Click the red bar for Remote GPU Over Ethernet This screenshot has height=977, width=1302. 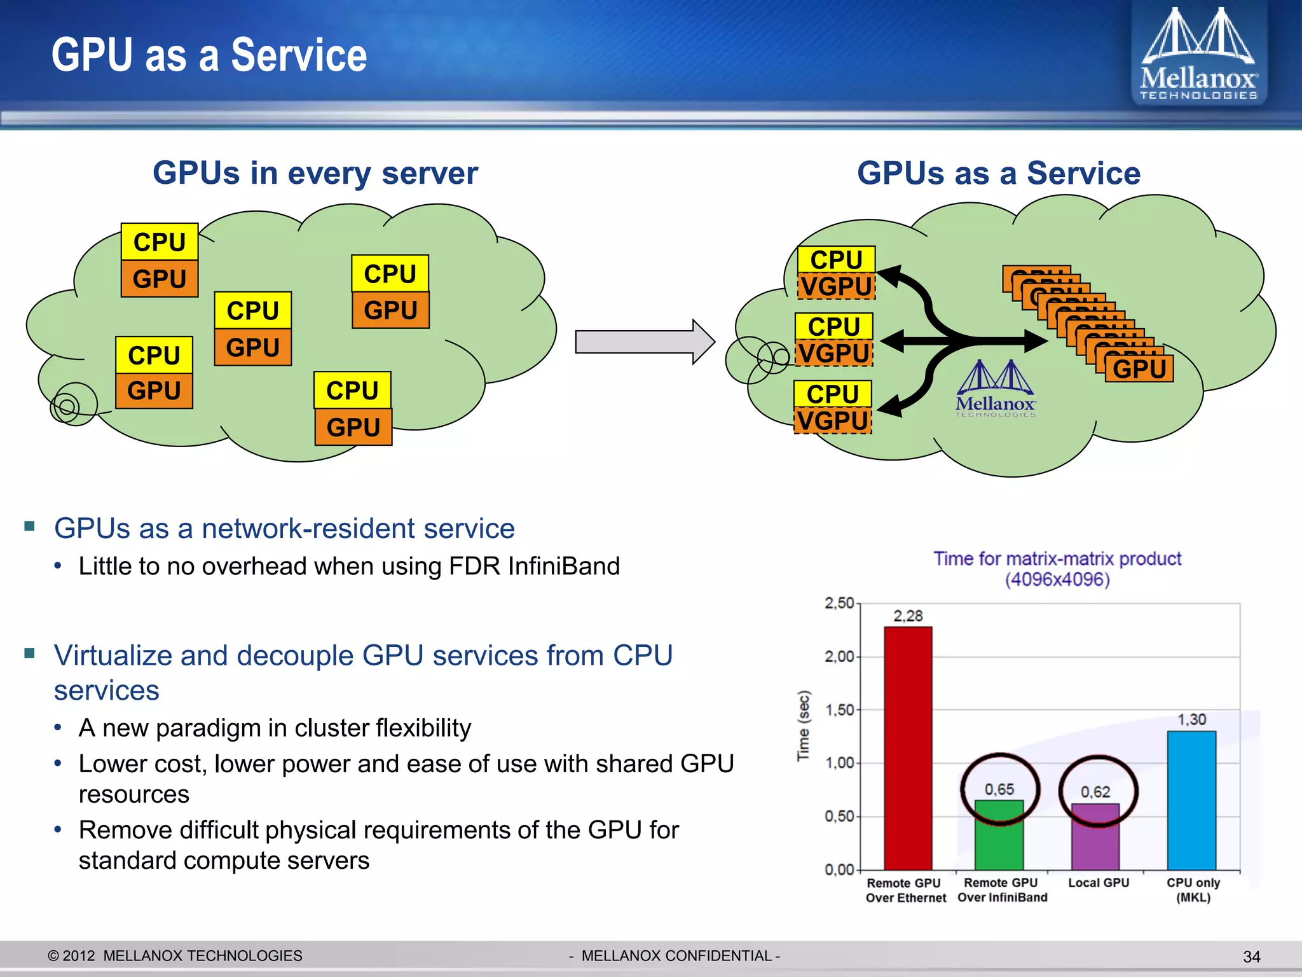pyautogui.click(x=908, y=747)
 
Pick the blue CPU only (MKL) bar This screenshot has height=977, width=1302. pyautogui.click(x=1191, y=800)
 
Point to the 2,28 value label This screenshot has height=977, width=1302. pyautogui.click(x=908, y=616)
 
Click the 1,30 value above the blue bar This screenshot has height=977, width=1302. pyautogui.click(x=1191, y=719)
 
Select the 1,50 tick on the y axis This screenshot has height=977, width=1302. pyautogui.click(x=839, y=710)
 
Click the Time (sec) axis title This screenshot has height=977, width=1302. pyautogui.click(x=804, y=725)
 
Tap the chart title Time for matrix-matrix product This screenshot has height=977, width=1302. pyautogui.click(x=1057, y=559)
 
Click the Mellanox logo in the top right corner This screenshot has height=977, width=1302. pyautogui.click(x=1198, y=54)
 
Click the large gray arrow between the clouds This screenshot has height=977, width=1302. pyautogui.click(x=643, y=342)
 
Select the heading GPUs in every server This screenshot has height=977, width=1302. pyautogui.click(x=315, y=173)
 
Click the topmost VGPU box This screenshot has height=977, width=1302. pyautogui.click(x=836, y=286)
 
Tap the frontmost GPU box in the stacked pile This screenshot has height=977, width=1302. pyautogui.click(x=1139, y=369)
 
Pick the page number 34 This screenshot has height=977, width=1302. pyautogui.click(x=1251, y=957)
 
